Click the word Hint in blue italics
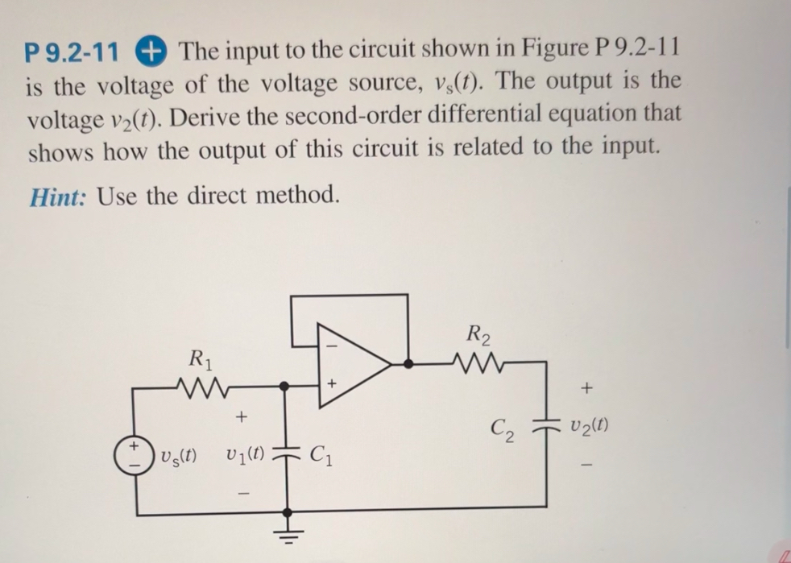(x=56, y=196)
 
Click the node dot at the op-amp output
(x=409, y=364)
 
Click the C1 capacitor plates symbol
(x=287, y=453)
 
